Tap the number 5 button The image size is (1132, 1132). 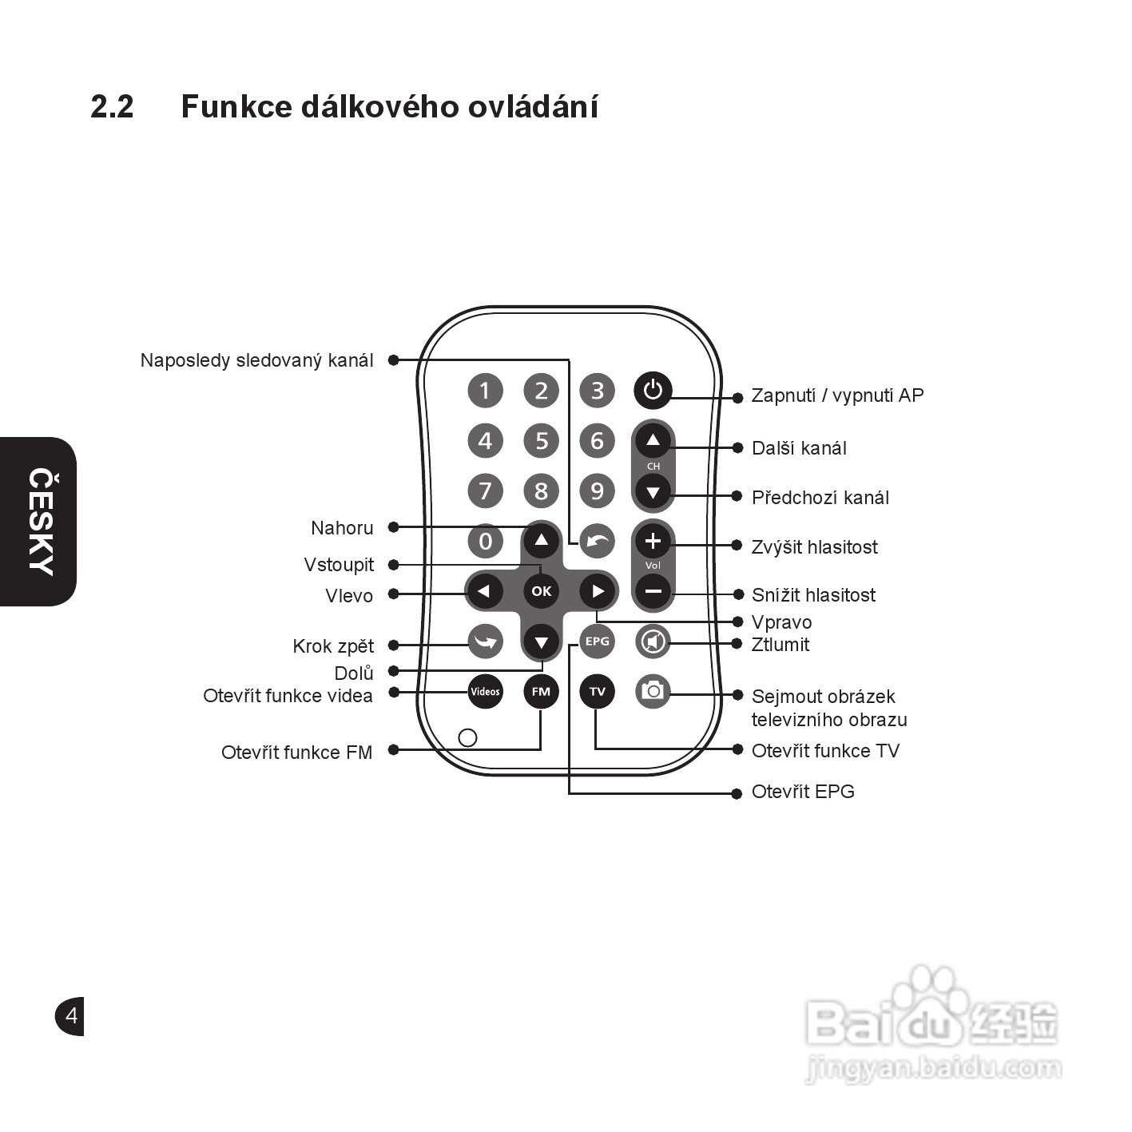(542, 440)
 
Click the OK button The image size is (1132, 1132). (542, 591)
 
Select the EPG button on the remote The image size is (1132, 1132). (597, 641)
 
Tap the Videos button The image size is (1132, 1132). (485, 691)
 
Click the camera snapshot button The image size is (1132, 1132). (653, 691)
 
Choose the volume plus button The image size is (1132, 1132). (653, 542)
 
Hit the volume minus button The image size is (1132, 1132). (653, 592)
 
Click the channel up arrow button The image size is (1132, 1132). (653, 440)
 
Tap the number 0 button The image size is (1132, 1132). (485, 542)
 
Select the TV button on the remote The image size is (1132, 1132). (597, 691)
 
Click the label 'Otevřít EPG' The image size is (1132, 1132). (803, 792)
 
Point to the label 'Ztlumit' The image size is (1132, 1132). (780, 645)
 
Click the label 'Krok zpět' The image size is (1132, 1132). (333, 646)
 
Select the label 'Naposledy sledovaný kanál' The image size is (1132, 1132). (256, 360)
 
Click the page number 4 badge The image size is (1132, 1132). (71, 1016)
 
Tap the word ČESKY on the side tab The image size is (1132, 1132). (41, 521)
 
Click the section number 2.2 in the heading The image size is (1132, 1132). (112, 106)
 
